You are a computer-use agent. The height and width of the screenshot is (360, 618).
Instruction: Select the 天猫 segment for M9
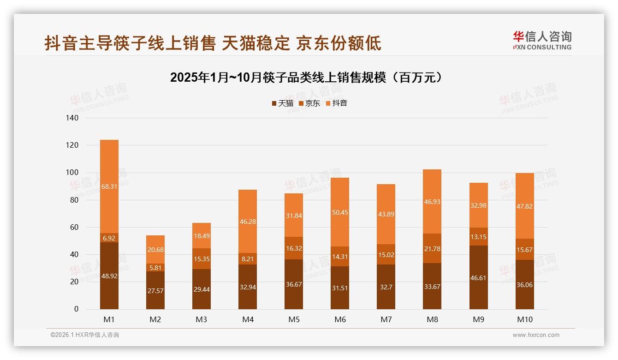478,277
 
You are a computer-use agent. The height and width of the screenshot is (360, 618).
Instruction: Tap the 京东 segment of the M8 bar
432,248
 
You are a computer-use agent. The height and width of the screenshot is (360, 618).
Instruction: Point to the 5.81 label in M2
155,267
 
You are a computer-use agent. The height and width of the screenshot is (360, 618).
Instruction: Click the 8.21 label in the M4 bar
248,259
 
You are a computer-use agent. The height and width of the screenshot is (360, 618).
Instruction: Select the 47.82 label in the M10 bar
524,206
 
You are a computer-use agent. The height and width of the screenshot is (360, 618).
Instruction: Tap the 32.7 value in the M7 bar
386,287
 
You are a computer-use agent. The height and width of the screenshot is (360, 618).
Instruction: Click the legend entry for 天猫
282,103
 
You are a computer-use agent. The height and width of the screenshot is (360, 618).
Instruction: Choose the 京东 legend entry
309,103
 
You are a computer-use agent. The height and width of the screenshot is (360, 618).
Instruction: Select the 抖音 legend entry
337,103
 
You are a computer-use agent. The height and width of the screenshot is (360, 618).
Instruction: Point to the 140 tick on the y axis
73,118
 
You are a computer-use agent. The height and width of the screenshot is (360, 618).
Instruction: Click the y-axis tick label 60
74,228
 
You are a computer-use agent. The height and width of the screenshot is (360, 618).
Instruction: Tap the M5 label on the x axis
294,319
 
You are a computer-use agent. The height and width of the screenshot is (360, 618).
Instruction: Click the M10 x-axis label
524,319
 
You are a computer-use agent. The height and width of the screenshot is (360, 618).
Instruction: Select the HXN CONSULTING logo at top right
542,41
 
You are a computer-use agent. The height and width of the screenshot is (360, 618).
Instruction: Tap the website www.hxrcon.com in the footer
536,335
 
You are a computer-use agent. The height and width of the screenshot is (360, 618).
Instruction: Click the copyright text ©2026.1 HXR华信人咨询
85,335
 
